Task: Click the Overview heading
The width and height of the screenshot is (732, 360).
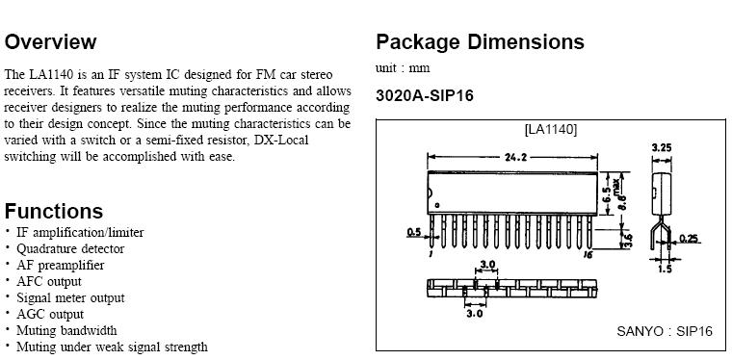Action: point(50,42)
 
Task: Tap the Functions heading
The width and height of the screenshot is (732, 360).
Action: point(54,211)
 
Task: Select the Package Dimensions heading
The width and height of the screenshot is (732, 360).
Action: point(480,42)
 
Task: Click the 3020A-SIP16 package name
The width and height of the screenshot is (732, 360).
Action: point(425,95)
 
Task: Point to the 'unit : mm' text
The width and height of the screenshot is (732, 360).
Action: point(403,68)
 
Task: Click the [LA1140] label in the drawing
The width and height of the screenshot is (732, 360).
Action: point(551,129)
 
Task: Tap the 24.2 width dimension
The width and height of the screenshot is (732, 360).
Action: point(516,157)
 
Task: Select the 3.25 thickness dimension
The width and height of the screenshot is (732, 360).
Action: point(662,148)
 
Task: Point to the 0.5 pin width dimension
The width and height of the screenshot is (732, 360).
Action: point(414,232)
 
